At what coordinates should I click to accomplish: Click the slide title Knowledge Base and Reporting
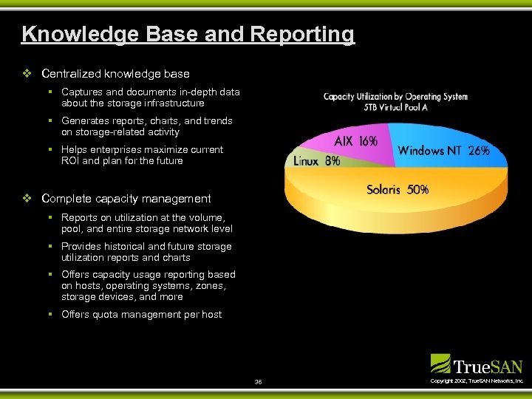click(188, 34)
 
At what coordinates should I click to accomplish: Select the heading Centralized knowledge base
click(115, 74)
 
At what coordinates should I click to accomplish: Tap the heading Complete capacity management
click(126, 199)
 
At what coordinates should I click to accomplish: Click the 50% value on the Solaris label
click(417, 190)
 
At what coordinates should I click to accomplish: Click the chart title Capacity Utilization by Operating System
click(395, 97)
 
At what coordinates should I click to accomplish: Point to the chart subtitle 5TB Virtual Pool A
click(395, 107)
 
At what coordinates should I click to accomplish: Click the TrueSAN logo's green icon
click(440, 363)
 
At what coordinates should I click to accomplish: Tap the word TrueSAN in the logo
click(488, 366)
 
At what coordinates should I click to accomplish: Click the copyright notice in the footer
click(477, 381)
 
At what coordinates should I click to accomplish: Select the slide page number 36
click(258, 381)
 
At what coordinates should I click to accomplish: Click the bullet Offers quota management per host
click(141, 315)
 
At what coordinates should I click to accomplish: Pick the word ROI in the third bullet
click(71, 160)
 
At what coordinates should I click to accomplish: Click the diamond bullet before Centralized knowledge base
click(27, 74)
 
